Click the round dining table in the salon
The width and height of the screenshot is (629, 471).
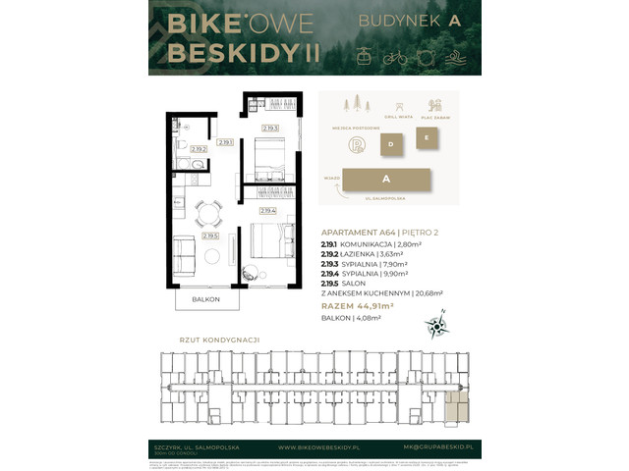pyautogui.click(x=203, y=213)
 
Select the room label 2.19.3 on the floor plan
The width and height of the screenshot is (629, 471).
pyautogui.click(x=270, y=128)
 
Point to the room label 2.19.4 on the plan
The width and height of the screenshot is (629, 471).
pyautogui.click(x=266, y=210)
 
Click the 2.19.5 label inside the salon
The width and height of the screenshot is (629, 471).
pyautogui.click(x=209, y=235)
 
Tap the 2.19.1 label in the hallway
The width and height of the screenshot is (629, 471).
pyautogui.click(x=225, y=143)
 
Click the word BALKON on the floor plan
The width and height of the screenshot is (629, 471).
pyautogui.click(x=206, y=298)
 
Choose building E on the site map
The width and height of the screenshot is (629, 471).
pyautogui.click(x=426, y=138)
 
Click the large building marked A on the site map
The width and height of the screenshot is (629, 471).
pyautogui.click(x=387, y=180)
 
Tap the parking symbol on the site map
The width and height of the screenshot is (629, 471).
pyautogui.click(x=357, y=145)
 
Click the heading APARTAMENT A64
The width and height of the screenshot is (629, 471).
pyautogui.click(x=359, y=231)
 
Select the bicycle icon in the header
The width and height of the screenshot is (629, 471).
pyautogui.click(x=395, y=56)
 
